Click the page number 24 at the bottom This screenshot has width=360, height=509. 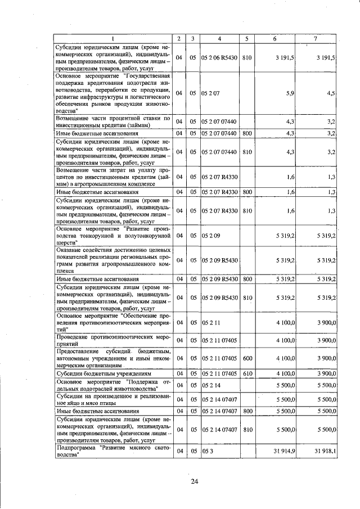[x=195, y=481]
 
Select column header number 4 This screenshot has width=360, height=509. [x=219, y=38]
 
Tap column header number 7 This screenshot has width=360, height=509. [x=316, y=38]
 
